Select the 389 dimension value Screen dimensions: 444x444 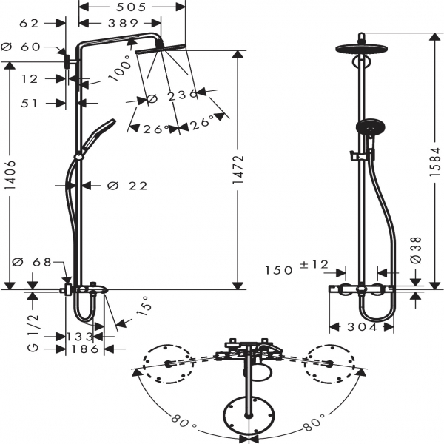tap(122, 24)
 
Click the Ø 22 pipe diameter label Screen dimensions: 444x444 tap(127, 186)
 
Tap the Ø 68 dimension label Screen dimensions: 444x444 tap(32, 261)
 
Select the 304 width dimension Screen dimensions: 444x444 tap(362, 327)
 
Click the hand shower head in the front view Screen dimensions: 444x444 tap(366, 127)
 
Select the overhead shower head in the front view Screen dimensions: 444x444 tap(360, 50)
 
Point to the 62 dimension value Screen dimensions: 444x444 tap(29, 24)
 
